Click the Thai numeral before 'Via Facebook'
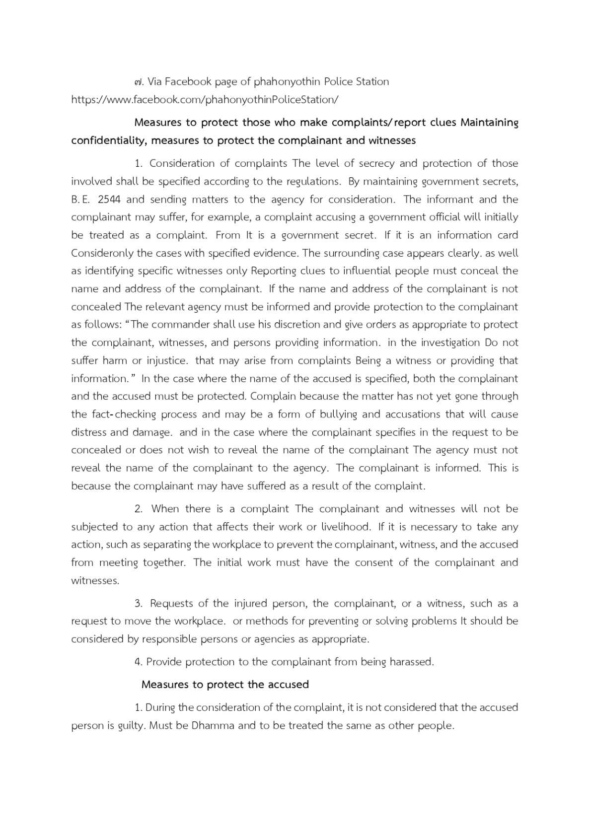tap(138, 82)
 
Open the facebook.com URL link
tap(205, 100)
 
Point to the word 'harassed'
tap(411, 662)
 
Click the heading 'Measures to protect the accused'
tap(225, 685)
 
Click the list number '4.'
tap(139, 662)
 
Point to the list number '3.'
tap(139, 604)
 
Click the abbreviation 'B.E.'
tap(80, 200)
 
